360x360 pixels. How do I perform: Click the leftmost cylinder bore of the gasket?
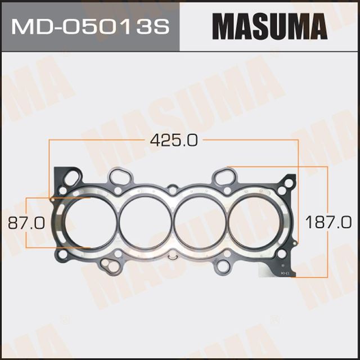(x=84, y=222)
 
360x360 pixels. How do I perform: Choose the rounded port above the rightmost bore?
(x=226, y=178)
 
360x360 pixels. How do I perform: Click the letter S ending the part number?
(x=162, y=26)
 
